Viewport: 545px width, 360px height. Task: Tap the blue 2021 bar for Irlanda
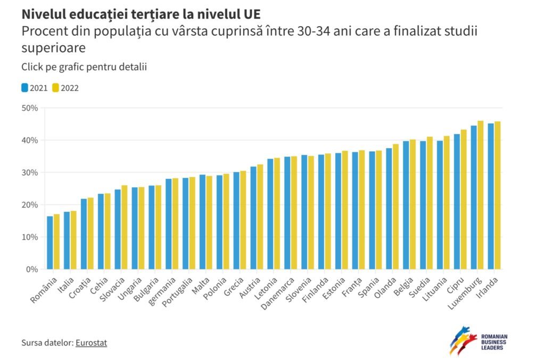point(491,197)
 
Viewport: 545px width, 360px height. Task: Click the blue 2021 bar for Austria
point(253,218)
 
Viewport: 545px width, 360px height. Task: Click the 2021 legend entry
point(35,88)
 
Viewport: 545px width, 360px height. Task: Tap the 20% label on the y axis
point(29,205)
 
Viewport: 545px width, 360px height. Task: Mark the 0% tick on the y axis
point(31,269)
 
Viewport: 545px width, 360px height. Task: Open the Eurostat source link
point(91,343)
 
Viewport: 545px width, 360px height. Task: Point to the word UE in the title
point(251,12)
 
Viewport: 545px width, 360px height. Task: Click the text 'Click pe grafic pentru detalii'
point(84,67)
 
